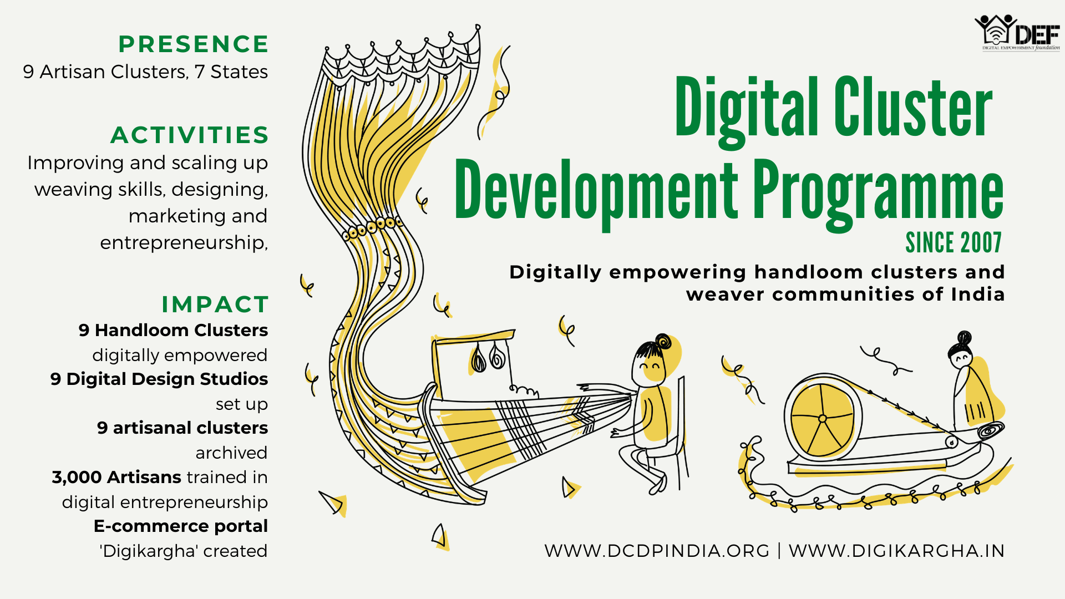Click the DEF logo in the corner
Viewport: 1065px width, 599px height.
tap(1017, 33)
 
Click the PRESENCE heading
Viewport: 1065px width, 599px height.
tap(194, 44)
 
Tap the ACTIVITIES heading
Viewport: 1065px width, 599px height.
tap(190, 135)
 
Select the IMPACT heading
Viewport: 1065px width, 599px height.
tap(215, 304)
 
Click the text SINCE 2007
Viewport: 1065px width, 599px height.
tap(954, 243)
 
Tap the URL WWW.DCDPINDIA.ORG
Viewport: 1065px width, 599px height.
tap(657, 551)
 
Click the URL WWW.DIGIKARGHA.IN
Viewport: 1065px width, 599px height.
tap(897, 551)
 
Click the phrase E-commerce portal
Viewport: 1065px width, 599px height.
tap(181, 526)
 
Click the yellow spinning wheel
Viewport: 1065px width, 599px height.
tap(823, 418)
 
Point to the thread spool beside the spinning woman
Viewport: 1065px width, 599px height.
tap(991, 430)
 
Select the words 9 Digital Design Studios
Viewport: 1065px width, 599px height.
tap(159, 379)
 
